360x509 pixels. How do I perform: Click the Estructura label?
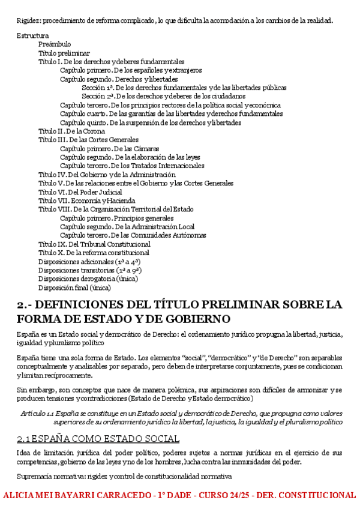pos(33,35)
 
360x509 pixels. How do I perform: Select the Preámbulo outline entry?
pos(55,44)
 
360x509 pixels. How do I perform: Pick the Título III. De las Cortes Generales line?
pos(88,140)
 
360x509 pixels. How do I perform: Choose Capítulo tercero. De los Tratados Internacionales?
pos(132,166)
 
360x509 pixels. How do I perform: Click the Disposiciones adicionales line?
pos(89,262)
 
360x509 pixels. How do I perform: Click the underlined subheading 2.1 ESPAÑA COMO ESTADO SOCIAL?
pos(98,439)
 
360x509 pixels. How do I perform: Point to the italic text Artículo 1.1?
pos(37,414)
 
